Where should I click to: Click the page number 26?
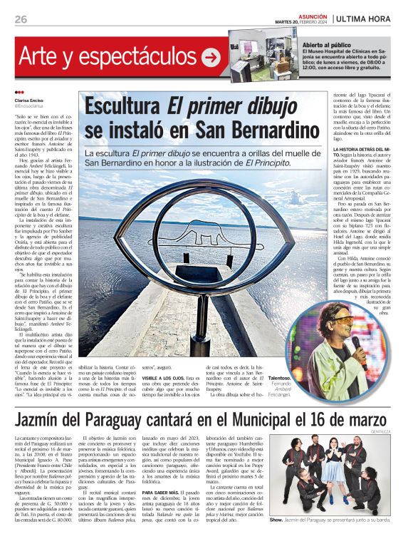[x=21, y=19]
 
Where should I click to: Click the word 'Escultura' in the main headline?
[x=122, y=106]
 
